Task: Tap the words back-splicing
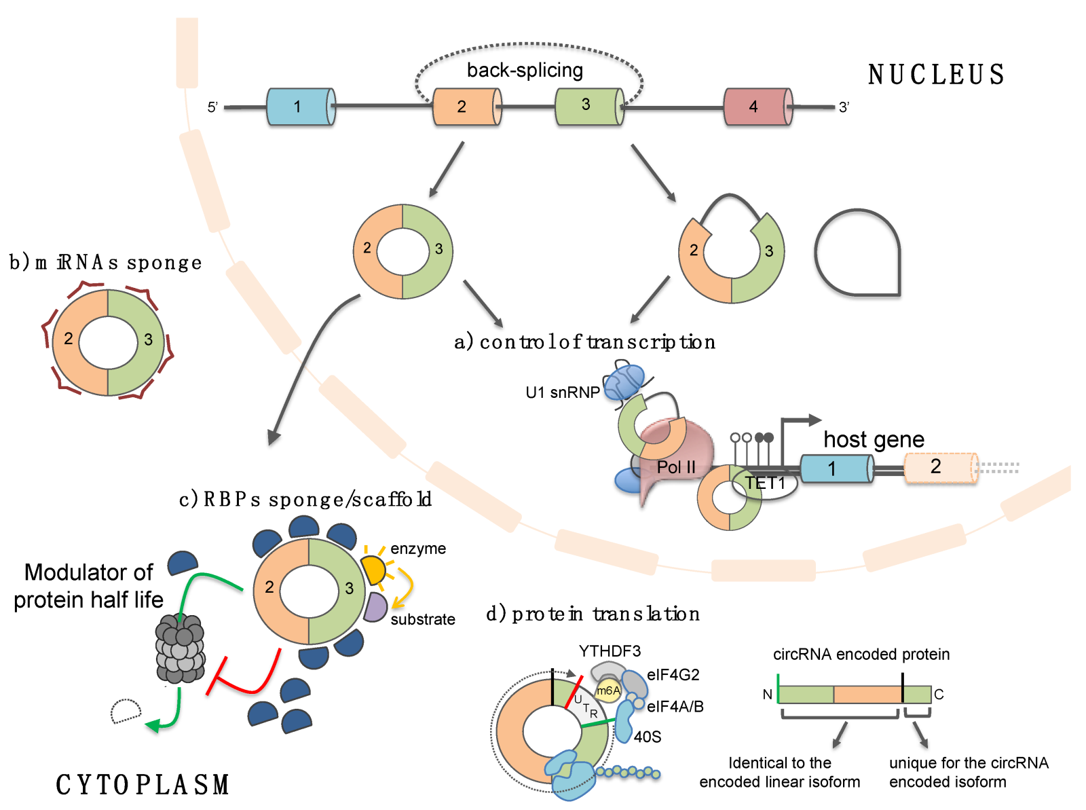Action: point(525,70)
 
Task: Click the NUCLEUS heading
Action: point(936,75)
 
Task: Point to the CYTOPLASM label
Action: point(143,785)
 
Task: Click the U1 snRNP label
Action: point(562,392)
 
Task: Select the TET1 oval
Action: point(766,483)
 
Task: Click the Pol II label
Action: point(676,467)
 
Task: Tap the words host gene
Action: point(874,439)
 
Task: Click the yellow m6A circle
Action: point(608,691)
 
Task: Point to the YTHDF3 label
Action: point(610,651)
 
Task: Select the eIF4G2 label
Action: point(673,674)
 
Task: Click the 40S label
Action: point(647,737)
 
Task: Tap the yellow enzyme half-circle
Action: point(373,569)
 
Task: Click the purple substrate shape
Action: point(375,607)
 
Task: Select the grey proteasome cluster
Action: point(180,648)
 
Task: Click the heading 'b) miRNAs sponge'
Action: point(105,262)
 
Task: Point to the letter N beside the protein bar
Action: point(767,695)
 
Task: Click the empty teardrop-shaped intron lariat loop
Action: point(857,253)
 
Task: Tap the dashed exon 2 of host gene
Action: point(940,467)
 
